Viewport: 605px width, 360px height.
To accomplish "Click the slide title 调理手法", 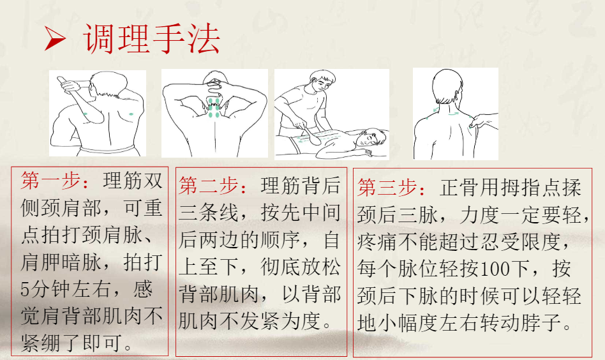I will pos(153,40).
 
